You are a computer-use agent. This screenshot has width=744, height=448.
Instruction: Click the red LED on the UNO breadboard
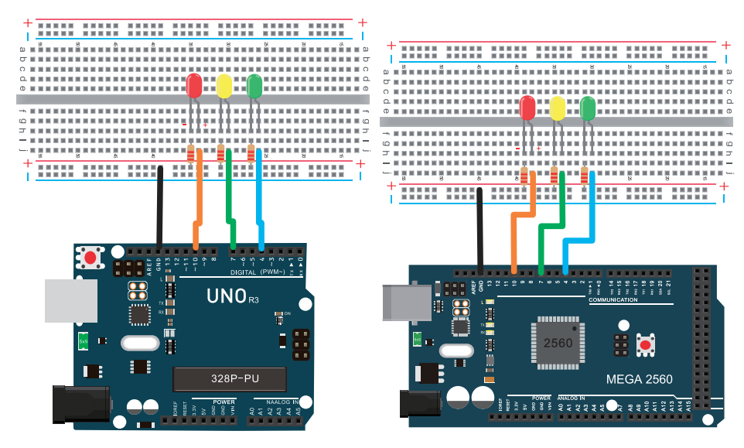pos(194,85)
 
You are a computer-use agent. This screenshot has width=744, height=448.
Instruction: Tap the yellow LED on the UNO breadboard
pos(224,85)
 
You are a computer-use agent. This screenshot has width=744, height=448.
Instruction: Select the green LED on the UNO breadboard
pos(254,85)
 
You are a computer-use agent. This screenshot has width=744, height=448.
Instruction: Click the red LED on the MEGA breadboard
pos(528,108)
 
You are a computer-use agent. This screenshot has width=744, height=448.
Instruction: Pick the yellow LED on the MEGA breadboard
pos(558,108)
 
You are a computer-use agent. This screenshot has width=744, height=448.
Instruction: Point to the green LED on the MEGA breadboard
pos(588,108)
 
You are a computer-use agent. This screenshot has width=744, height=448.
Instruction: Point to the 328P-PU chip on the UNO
pos(230,379)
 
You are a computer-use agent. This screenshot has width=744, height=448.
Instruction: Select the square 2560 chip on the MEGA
pos(558,342)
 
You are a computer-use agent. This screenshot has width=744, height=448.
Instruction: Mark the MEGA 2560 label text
pos(640,379)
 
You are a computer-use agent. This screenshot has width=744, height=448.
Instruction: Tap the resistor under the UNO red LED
pos(191,155)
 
